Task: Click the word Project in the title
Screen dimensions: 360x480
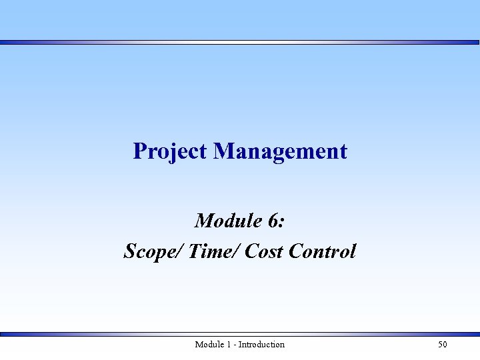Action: click(x=170, y=151)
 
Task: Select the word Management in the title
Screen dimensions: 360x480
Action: click(x=280, y=151)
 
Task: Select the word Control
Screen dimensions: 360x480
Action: click(x=323, y=251)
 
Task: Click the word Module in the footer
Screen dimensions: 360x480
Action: click(x=209, y=345)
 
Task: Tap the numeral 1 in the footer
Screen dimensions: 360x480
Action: click(x=229, y=345)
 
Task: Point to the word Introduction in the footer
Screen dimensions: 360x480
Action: click(x=261, y=345)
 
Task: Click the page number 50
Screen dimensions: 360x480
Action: click(x=443, y=345)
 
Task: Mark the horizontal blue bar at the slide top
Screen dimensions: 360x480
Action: click(x=240, y=42)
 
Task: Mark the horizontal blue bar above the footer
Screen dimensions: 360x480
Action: click(x=240, y=334)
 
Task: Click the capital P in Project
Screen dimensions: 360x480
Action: click(x=139, y=151)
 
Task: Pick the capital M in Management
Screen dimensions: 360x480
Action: click(x=223, y=151)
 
